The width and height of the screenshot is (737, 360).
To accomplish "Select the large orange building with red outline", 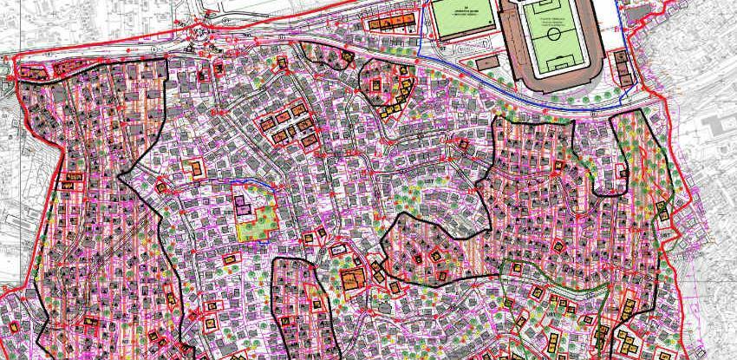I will [352, 279].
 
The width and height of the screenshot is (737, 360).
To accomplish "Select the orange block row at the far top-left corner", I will [33, 73].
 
